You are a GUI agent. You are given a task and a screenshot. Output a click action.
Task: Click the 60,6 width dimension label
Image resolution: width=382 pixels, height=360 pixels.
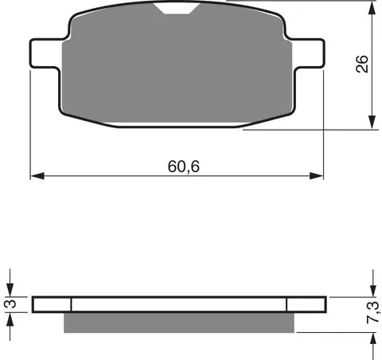pyautogui.click(x=184, y=166)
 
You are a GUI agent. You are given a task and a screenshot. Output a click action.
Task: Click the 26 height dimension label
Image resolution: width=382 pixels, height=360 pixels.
pyautogui.click(x=362, y=64)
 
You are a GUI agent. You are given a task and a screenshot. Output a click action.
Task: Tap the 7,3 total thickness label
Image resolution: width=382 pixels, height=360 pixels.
pyautogui.click(x=373, y=312)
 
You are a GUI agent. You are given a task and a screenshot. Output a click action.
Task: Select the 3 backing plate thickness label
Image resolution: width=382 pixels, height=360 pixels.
pyautogui.click(x=10, y=303)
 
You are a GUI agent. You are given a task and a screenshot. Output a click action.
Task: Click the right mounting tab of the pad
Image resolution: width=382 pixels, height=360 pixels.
pyautogui.click(x=309, y=53)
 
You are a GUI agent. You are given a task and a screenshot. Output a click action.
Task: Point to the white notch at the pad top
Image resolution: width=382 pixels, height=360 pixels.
pyautogui.click(x=177, y=9)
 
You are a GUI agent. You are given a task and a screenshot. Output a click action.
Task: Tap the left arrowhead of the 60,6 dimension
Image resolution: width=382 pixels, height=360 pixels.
pyautogui.click(x=37, y=176)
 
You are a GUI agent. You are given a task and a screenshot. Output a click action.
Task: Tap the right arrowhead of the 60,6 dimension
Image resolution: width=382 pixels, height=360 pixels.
pyautogui.click(x=317, y=176)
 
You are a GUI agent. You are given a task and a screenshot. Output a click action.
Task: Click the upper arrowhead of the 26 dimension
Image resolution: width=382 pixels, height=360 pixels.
pyautogui.click(x=372, y=8)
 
